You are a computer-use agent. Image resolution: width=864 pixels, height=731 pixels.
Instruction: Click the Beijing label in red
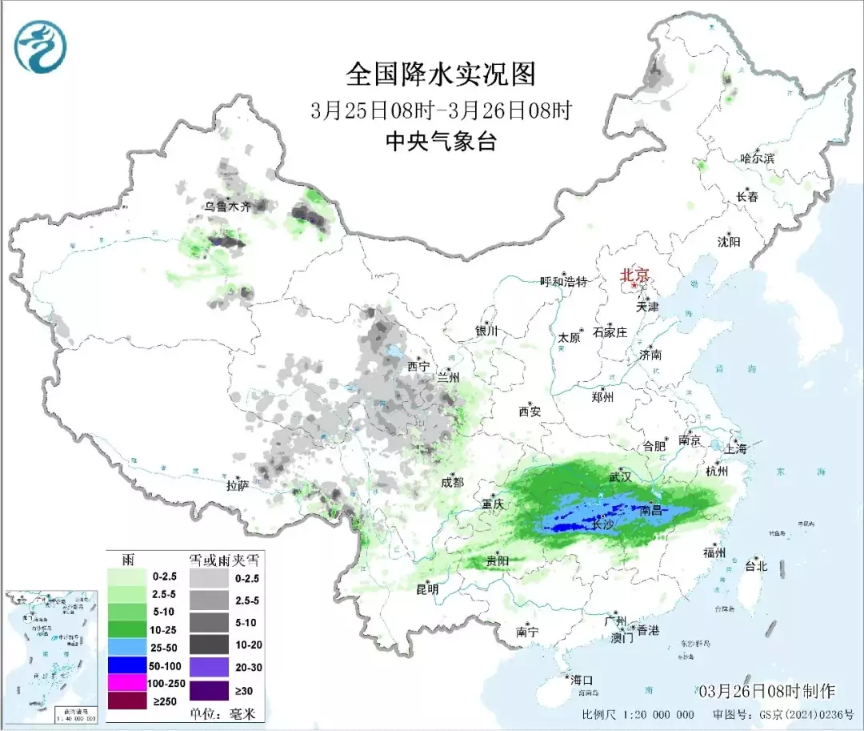click(x=638, y=275)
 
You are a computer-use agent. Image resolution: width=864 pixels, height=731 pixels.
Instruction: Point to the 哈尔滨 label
click(x=757, y=159)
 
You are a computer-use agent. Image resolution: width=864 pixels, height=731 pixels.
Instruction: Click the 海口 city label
click(x=581, y=680)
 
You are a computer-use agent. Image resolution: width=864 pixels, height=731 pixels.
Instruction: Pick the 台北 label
click(x=755, y=565)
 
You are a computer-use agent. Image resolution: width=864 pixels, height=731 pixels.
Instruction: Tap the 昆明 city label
click(x=427, y=589)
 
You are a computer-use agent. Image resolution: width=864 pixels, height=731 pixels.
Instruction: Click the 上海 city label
click(x=734, y=449)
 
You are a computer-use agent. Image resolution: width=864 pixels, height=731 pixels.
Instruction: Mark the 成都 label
click(x=452, y=482)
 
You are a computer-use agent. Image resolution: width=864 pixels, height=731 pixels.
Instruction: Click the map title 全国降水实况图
click(x=441, y=74)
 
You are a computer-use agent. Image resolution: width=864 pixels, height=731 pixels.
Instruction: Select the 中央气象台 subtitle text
click(x=441, y=142)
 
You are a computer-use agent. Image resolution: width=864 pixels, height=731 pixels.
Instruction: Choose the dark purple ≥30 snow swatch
click(x=207, y=689)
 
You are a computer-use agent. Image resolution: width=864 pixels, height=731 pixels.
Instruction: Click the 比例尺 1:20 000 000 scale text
click(x=638, y=714)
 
